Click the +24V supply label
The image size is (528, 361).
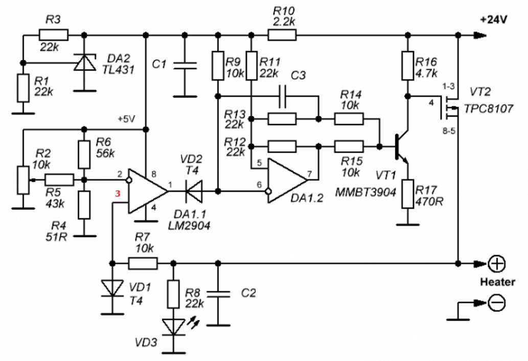coord(494,20)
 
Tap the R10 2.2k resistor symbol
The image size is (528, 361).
coord(282,35)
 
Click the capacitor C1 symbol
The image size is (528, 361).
coord(185,65)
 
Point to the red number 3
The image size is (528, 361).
coord(118,194)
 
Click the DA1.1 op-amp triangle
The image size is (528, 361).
coord(147,191)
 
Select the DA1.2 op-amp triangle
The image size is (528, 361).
coord(287,181)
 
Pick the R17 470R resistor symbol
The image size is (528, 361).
coord(408,194)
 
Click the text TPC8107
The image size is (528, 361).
coord(489,109)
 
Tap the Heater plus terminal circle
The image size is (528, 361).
coord(497,264)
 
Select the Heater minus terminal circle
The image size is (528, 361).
coord(497,302)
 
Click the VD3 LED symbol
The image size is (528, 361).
coord(174,327)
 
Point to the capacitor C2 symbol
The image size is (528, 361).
coord(218,294)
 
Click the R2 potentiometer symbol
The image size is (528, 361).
coord(23,180)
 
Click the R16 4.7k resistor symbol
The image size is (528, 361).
coord(408,65)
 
